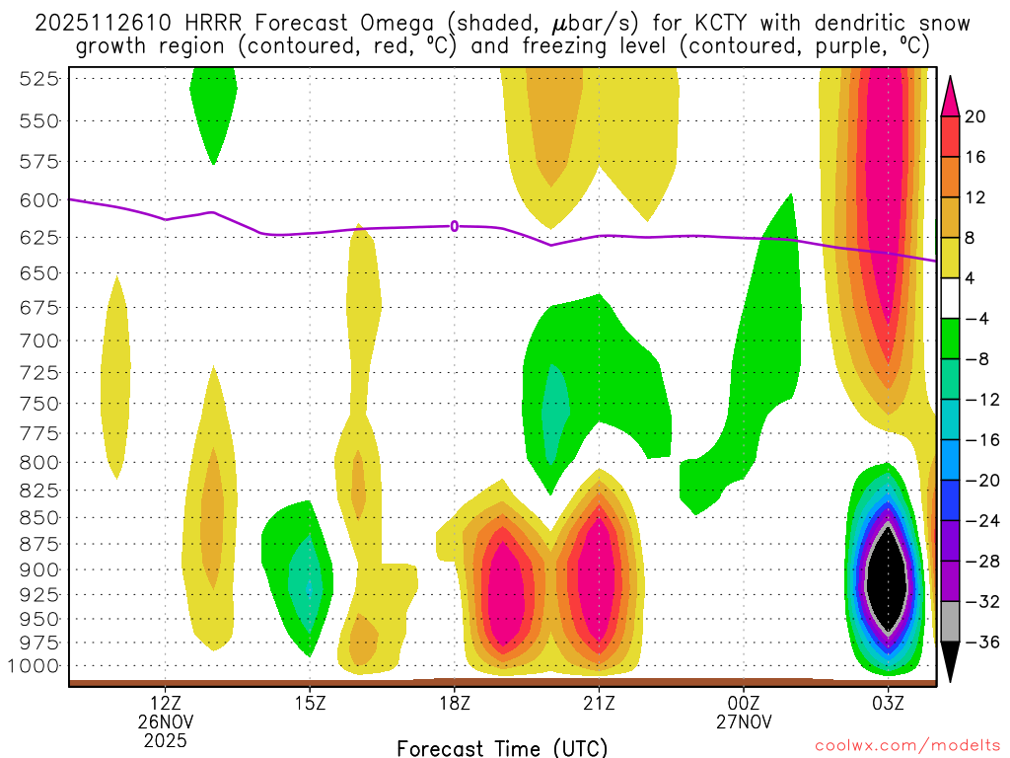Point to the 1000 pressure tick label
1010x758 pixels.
[x=36, y=666]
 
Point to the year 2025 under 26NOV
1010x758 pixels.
[x=165, y=739]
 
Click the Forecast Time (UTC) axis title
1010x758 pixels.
[x=502, y=747]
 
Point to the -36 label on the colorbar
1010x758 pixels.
[x=979, y=643]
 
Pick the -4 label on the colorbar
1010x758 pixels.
[x=975, y=319]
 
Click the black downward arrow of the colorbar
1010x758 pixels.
[x=951, y=663]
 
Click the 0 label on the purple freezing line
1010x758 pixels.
[x=455, y=226]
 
